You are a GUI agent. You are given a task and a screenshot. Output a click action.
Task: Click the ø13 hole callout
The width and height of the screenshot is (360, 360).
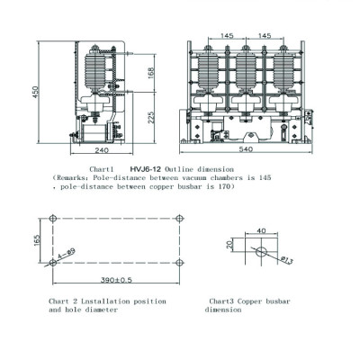[287, 260]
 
